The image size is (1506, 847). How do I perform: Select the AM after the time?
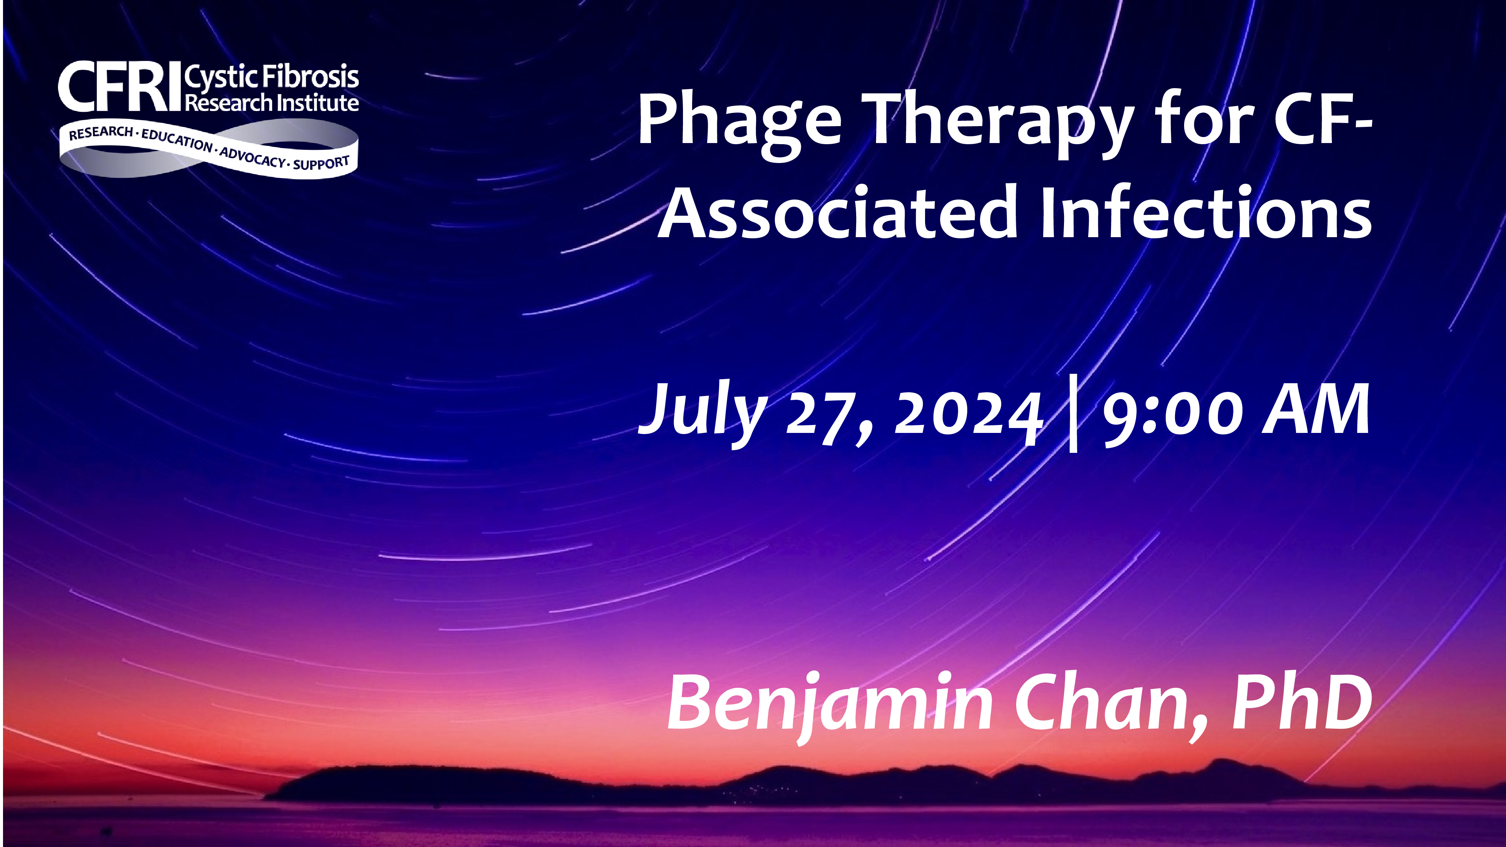1315,409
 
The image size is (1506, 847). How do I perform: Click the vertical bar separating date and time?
1073,414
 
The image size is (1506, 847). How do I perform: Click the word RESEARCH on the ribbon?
101,133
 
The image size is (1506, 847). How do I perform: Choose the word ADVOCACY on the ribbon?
253,157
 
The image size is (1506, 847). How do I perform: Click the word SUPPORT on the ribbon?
322,163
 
